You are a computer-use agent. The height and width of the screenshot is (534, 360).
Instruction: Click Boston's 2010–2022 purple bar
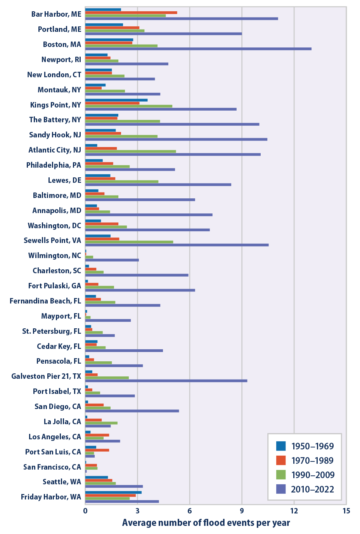coord(198,49)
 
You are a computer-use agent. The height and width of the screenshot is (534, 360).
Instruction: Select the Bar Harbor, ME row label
coord(56,14)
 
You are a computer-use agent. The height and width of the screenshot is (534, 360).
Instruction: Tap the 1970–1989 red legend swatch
coord(281,460)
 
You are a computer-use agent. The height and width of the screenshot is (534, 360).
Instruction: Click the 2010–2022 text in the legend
coord(312,489)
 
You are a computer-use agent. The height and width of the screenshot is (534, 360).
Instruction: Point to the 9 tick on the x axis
coord(242,511)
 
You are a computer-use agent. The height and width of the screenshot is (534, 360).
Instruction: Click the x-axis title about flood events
coord(206,523)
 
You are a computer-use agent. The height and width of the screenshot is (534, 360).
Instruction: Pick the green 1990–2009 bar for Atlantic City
coord(130,151)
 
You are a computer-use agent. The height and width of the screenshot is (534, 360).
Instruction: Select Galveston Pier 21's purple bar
coord(166,381)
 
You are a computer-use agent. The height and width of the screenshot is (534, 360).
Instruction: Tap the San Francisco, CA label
coord(52,467)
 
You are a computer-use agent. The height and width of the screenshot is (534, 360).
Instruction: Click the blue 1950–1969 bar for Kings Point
coord(116,100)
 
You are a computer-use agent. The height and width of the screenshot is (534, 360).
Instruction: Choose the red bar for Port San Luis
coord(97,450)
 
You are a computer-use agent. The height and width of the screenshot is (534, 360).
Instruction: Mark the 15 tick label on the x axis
coord(346,511)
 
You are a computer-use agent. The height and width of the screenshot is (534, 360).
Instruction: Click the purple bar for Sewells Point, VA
coord(177,245)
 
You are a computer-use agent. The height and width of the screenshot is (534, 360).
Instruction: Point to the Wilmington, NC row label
coord(55,255)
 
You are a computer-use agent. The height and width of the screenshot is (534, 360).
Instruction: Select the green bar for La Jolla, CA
coord(101,423)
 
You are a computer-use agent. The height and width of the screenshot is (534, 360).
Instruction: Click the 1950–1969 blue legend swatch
coord(281,446)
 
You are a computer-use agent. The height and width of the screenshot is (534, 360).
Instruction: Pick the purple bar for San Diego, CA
coord(132,411)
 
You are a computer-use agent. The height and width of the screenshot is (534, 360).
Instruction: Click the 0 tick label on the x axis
coord(85,511)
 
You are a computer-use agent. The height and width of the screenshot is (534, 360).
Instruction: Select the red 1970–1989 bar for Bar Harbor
coord(131,12)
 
